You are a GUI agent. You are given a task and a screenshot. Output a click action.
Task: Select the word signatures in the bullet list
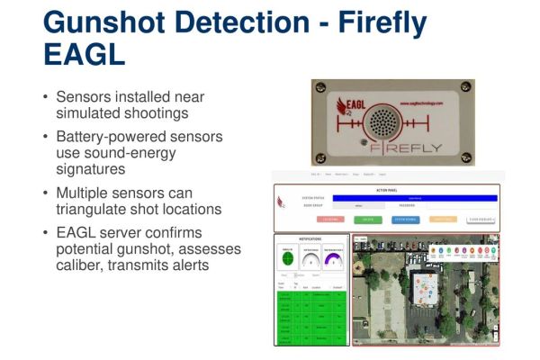(91, 169)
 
